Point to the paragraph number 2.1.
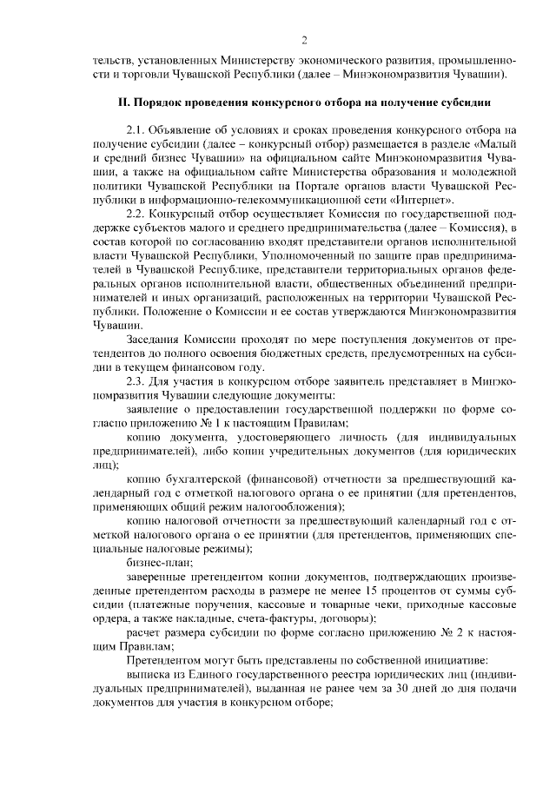click(136, 129)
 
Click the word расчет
click(144, 632)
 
